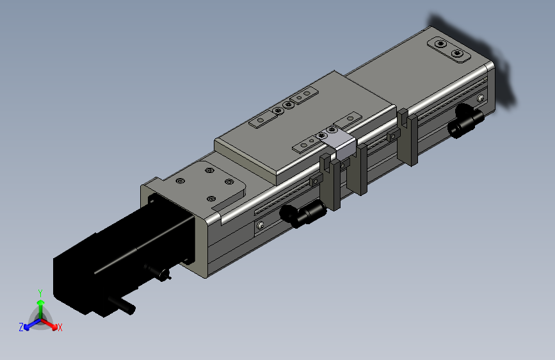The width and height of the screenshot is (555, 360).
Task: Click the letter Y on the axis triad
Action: (x=40, y=293)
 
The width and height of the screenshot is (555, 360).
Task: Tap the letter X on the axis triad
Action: (x=60, y=327)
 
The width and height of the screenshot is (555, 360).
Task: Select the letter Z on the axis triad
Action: (x=21, y=327)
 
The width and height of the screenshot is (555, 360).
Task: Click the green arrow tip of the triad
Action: (x=41, y=302)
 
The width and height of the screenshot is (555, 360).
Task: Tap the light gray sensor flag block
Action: (x=341, y=145)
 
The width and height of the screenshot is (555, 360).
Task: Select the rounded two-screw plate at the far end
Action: (x=449, y=49)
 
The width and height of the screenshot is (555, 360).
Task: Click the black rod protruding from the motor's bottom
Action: (x=122, y=306)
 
